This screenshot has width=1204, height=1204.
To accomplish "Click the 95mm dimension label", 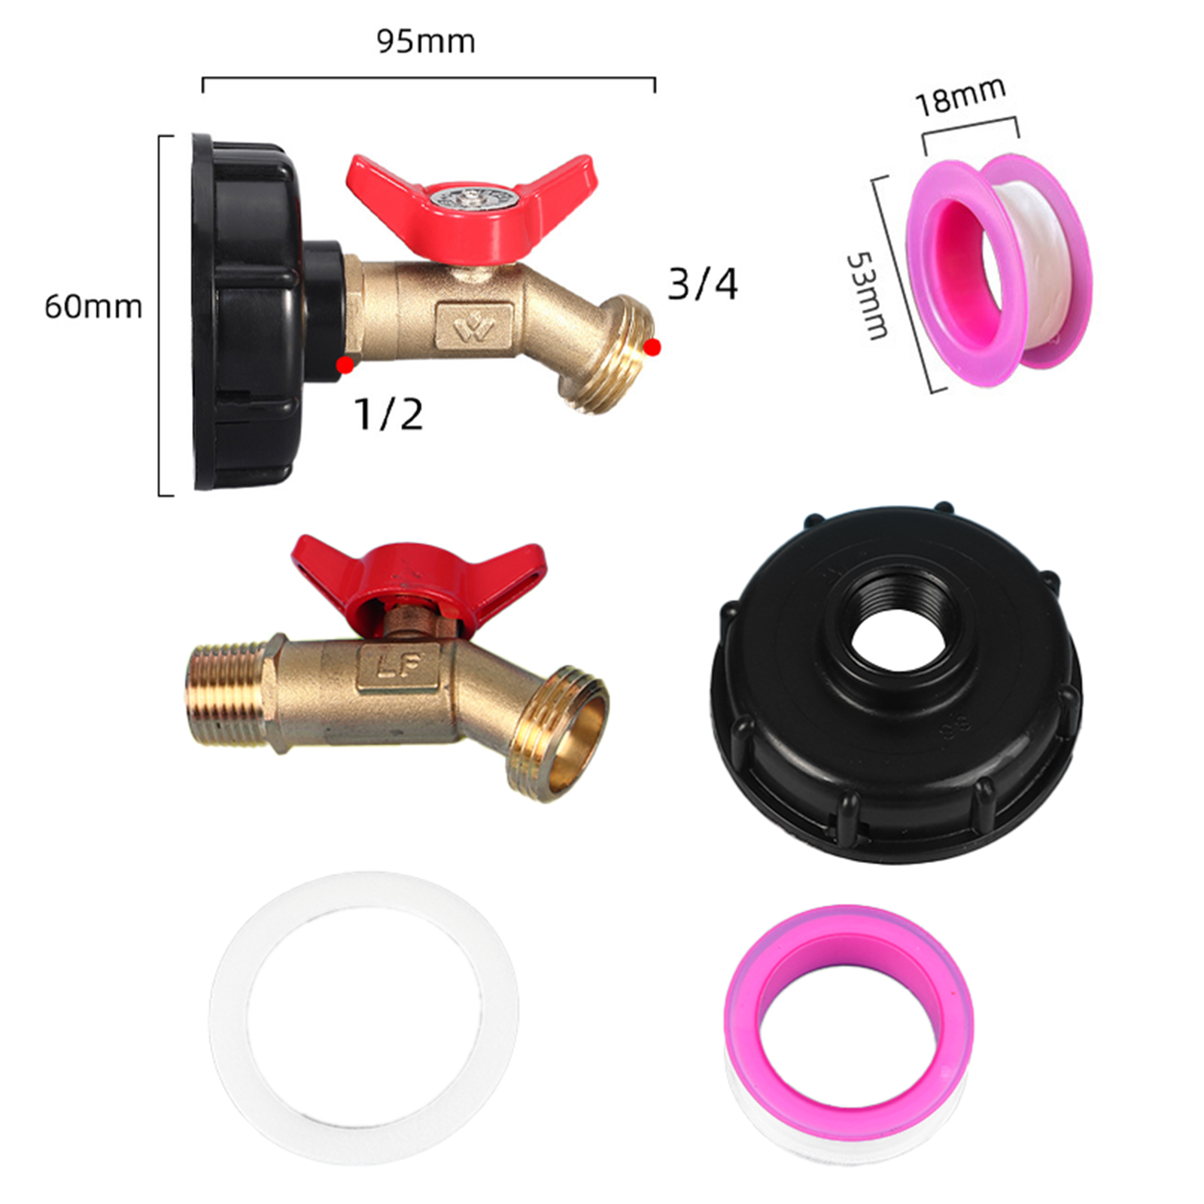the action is pyautogui.click(x=426, y=41).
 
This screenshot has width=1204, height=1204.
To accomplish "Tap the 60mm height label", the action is pyautogui.click(x=93, y=306).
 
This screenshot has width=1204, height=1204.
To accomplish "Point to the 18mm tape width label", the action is pyautogui.click(x=960, y=96).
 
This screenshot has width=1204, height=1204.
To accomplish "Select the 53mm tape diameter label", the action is pyautogui.click(x=868, y=295).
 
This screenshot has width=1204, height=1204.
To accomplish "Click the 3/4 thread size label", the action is pyautogui.click(x=703, y=284).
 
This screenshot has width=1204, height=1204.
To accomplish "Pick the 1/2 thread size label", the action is pyautogui.click(x=388, y=414).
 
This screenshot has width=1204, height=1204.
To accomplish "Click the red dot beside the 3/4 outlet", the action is pyautogui.click(x=652, y=347).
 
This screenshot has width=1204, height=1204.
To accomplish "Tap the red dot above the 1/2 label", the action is pyautogui.click(x=345, y=366).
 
